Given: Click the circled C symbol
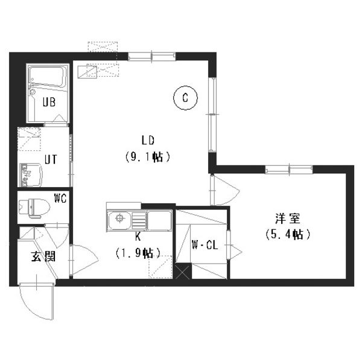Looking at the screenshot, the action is pos(185,98).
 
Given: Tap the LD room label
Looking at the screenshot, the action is pos(148,140).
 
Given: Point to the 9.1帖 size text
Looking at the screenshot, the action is pos(148,157).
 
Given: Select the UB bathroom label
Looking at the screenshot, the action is pos(49,102).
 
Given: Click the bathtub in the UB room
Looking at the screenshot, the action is pos(48,77).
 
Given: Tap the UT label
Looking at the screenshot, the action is pos(50,159).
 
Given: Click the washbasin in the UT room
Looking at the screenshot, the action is pos(31,175).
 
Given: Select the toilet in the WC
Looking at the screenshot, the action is pos(34,208).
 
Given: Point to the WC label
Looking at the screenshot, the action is pos(60,198).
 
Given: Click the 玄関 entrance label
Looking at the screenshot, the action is pos(43,256).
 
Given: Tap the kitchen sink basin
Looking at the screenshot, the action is pos(119,220).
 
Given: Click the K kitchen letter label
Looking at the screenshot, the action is pos(138,237).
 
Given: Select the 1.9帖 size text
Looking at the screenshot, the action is pos(138,253).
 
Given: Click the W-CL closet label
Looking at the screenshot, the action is pos(205,245).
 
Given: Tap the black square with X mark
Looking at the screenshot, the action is pos(183,271).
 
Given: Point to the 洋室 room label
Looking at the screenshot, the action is pos(288,218).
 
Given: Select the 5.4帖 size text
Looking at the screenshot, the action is pos(288,235).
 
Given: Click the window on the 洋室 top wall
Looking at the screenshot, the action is pos(289,170).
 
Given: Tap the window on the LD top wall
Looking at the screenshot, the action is pos(151,56).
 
